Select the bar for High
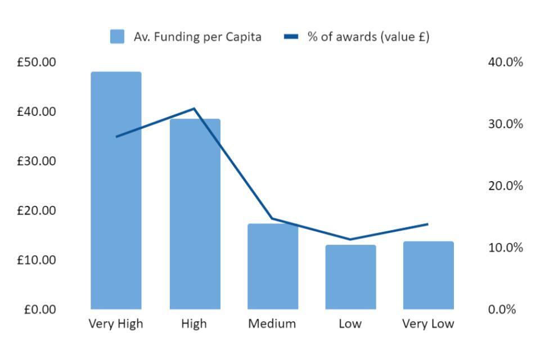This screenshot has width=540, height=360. click(x=195, y=214)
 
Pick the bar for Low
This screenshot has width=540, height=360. click(x=350, y=277)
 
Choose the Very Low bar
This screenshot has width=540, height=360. click(x=428, y=275)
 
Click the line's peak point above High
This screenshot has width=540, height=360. click(x=195, y=108)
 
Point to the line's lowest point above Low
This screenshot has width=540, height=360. click(x=350, y=240)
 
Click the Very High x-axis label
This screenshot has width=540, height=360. click(x=116, y=324)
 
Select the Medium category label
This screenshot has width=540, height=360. click(x=272, y=324)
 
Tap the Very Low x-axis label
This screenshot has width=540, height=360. click(x=428, y=324)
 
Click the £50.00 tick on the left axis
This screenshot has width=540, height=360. click(x=37, y=62)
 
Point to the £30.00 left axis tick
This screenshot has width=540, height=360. click(x=37, y=161)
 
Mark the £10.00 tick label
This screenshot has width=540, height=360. click(x=37, y=260)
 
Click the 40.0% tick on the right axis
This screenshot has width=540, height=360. click(x=505, y=62)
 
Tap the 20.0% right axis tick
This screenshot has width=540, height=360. click(x=505, y=186)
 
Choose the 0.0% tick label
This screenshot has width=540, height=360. click(x=502, y=309)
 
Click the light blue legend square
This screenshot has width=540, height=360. click(x=117, y=38)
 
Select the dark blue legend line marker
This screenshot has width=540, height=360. click(x=291, y=38)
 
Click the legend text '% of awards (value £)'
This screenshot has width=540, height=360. click(x=368, y=38)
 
